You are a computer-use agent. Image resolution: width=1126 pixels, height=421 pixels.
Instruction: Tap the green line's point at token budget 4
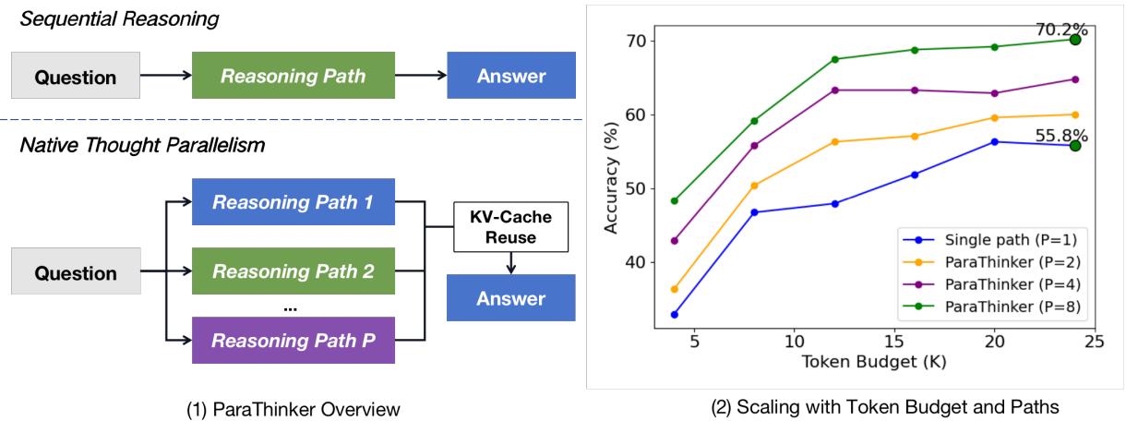[x=675, y=200]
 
